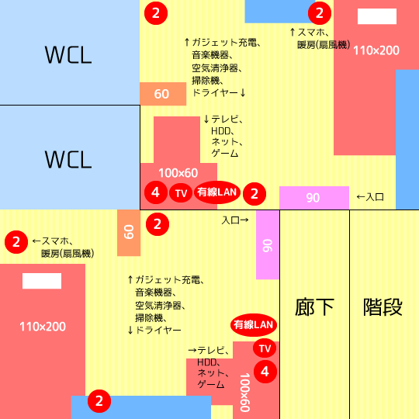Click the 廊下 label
click(x=314, y=307)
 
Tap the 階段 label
click(x=383, y=307)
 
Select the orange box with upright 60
click(x=163, y=94)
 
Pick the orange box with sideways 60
click(x=129, y=233)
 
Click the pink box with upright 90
click(x=314, y=198)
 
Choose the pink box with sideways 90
click(x=268, y=244)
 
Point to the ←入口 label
click(x=370, y=197)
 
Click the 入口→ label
click(x=235, y=220)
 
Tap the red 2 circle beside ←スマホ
click(x=16, y=242)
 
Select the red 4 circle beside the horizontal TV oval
click(x=156, y=192)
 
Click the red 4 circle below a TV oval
click(x=265, y=372)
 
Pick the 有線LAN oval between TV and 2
click(x=217, y=192)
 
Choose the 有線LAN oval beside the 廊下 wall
click(x=253, y=325)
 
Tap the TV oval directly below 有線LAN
click(x=265, y=348)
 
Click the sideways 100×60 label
click(x=244, y=393)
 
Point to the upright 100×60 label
click(x=178, y=173)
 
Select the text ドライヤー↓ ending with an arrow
click(x=219, y=93)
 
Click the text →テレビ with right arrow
click(x=209, y=350)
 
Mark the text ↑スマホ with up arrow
click(x=310, y=33)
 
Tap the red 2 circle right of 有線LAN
click(x=255, y=194)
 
